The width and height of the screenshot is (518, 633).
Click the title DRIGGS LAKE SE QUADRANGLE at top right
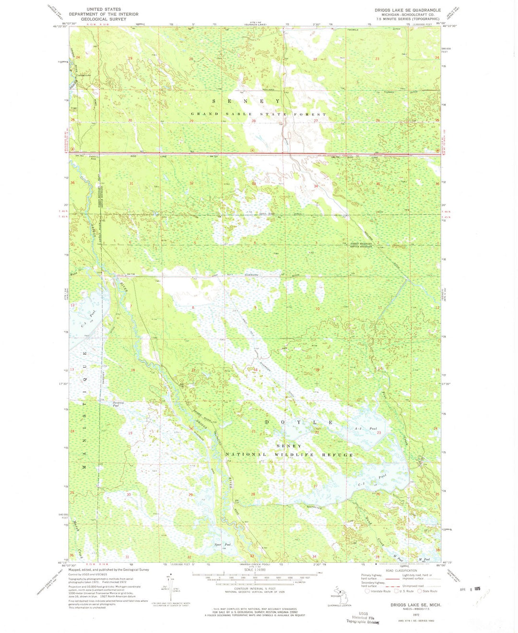(407, 10)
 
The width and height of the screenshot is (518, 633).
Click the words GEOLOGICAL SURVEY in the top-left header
(103, 19)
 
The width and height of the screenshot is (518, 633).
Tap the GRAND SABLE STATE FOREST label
(259, 115)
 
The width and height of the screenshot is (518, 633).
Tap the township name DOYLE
(299, 422)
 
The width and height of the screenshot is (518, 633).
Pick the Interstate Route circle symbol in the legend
(368, 591)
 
